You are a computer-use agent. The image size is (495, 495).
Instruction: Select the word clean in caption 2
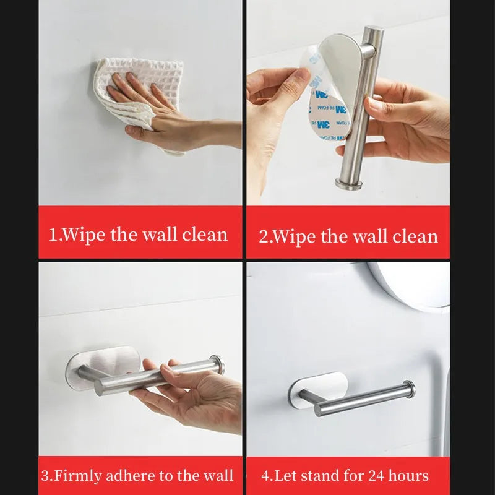[415, 236]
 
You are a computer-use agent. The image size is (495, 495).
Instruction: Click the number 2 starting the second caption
[262, 236]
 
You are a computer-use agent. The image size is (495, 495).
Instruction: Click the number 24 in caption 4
[377, 476]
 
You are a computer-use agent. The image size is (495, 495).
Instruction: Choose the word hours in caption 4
[408, 476]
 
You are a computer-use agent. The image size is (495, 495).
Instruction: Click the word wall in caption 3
[219, 476]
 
